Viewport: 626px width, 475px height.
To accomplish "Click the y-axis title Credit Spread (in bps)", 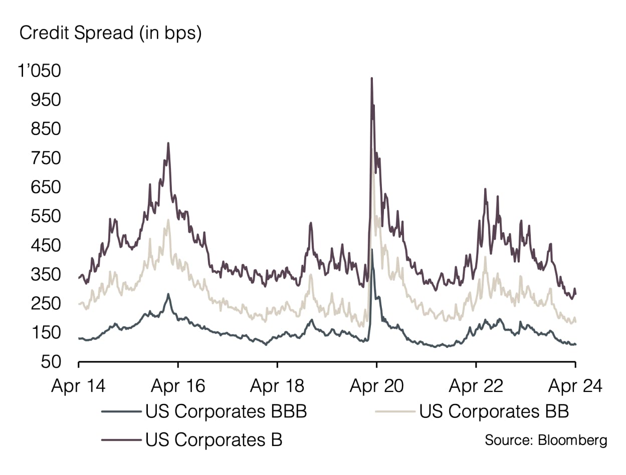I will click(110, 34).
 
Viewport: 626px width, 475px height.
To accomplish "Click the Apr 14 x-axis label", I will click(79, 386).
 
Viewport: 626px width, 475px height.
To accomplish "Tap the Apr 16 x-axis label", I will click(178, 386).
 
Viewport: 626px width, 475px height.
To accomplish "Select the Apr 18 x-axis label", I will click(277, 386).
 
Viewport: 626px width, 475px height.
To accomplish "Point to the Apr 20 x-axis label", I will click(376, 386).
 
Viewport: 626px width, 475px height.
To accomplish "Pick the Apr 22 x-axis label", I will click(476, 386).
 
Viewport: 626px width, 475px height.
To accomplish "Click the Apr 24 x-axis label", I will click(574, 386).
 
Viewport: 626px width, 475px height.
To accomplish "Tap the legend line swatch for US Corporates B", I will click(120, 440).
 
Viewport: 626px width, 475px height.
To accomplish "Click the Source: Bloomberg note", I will click(546, 440).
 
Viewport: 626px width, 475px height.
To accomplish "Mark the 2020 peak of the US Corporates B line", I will click(371, 79).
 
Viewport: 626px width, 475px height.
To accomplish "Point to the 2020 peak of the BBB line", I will click(371, 249).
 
